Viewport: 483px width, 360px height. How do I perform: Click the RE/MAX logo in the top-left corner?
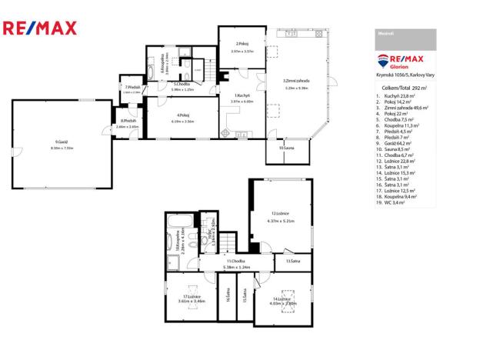pos(40,29)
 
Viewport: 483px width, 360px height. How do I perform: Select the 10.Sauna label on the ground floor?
pos(286,148)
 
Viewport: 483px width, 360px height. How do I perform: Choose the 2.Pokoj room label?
pos(243,43)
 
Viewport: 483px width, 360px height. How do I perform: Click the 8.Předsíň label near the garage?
pos(128,121)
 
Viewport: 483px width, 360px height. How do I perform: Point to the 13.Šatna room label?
pos(292,262)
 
